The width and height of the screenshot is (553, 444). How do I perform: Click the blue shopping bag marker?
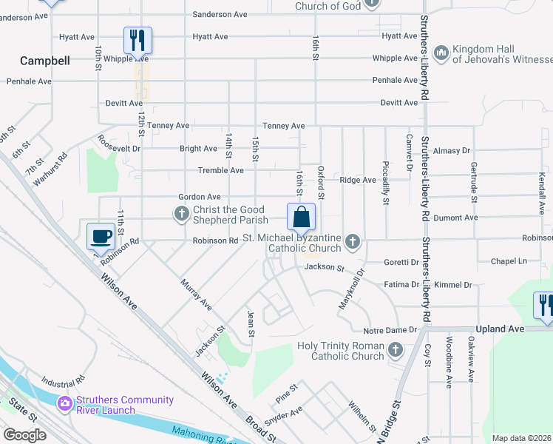coord(302,218)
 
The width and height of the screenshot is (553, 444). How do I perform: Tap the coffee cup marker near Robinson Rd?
coord(101,236)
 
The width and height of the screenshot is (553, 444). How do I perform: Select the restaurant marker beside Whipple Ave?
coord(138,40)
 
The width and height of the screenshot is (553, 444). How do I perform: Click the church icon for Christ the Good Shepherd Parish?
coord(181,215)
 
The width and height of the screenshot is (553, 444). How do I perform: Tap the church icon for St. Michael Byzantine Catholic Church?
coord(353,240)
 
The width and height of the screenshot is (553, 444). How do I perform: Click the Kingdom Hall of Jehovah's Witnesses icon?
coord(441,52)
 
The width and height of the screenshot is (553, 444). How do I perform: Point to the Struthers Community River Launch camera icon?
coord(64,403)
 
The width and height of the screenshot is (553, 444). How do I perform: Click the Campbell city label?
coord(45,61)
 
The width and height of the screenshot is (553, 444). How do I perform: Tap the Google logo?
coord(24,435)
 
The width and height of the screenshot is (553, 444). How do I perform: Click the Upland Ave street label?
coord(501,329)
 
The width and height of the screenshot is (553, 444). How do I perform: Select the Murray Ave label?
coord(196,294)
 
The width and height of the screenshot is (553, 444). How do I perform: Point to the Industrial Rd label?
coord(63,380)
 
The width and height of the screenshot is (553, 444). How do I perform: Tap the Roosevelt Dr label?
coord(120,144)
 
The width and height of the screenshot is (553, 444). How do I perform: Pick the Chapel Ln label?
coord(512,261)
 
